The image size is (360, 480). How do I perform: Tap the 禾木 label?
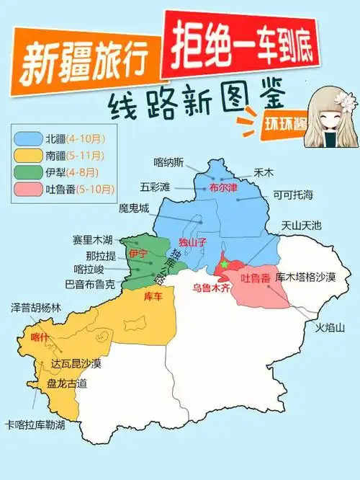pos(261,173)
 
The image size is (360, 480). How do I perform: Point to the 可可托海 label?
pos(293,195)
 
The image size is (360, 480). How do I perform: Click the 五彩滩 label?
pos(156,187)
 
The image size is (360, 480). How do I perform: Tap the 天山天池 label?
pos(302,226)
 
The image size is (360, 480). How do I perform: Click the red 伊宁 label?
pos(138,254)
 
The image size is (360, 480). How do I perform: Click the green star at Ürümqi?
pos(224,265)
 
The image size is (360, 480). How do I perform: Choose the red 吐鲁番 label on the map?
pos(255,277)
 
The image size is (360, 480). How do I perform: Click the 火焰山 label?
pos(330,327)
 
